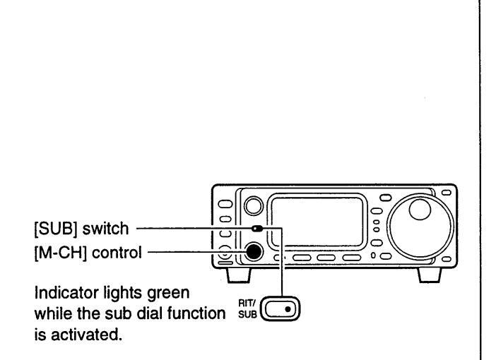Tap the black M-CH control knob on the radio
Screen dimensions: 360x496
tap(252, 250)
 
